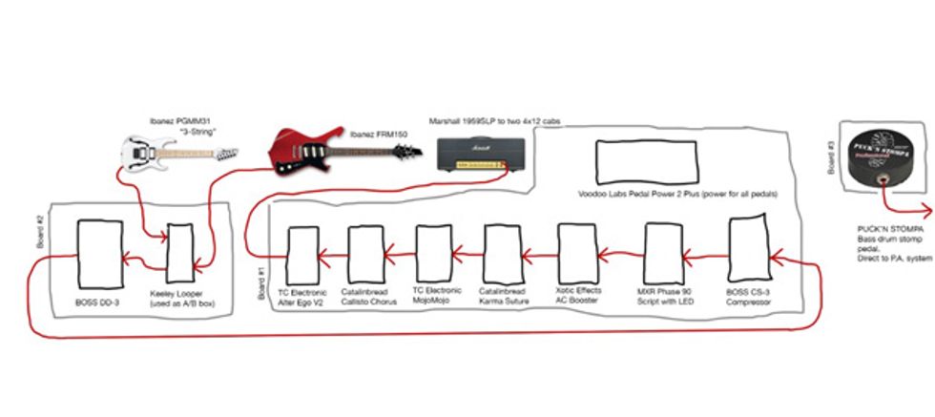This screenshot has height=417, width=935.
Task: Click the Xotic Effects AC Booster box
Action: coord(575,253)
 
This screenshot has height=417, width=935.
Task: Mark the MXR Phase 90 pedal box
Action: coord(661,252)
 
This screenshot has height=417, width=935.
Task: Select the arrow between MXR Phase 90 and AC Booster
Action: coord(615,254)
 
